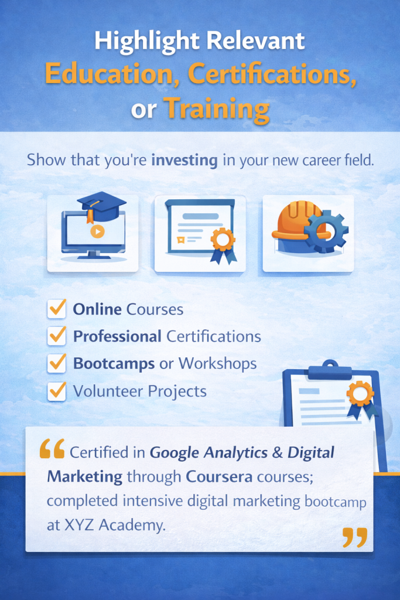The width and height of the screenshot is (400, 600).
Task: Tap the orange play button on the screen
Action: tap(97, 231)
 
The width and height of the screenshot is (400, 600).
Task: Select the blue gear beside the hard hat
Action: tap(326, 231)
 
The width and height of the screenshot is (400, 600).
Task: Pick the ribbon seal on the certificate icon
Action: tap(223, 243)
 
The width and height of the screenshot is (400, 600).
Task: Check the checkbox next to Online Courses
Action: tap(57, 309)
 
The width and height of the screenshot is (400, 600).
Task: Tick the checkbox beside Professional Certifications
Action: tap(57, 336)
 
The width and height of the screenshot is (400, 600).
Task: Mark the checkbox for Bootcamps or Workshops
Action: tap(57, 363)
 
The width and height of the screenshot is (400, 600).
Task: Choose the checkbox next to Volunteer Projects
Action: tap(57, 391)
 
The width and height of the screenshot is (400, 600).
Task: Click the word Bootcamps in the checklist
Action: tap(114, 363)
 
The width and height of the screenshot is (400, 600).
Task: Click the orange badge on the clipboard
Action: tap(360, 394)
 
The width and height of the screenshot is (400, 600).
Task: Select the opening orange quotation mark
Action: tap(52, 449)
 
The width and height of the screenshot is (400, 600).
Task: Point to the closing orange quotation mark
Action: tap(355, 537)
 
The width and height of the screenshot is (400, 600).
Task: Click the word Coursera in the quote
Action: tap(219, 477)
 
